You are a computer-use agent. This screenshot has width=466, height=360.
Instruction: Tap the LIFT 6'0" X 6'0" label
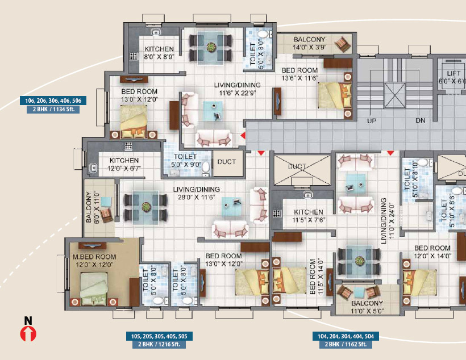(x=452, y=77)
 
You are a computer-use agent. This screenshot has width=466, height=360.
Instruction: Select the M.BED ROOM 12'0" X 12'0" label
(x=94, y=261)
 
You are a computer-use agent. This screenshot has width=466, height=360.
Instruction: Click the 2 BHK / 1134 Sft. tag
(x=53, y=110)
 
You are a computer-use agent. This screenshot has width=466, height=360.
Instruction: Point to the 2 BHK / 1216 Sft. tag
(x=159, y=344)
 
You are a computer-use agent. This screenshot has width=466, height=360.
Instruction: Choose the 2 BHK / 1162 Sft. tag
(x=346, y=344)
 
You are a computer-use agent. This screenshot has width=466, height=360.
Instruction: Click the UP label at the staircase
(x=372, y=120)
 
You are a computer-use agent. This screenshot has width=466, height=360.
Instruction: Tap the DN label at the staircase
(x=420, y=120)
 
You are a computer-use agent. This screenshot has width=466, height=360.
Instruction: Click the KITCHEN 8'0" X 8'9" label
(x=159, y=53)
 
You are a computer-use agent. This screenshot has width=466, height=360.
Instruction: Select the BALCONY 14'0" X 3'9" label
(x=309, y=43)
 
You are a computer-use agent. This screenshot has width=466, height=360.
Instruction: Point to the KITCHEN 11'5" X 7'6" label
(x=309, y=216)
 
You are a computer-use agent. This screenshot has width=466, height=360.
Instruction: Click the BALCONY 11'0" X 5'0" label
(x=367, y=307)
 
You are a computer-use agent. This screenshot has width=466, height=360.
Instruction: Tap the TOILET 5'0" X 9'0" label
(x=186, y=160)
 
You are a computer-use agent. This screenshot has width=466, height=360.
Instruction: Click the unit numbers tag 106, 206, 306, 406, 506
(x=53, y=101)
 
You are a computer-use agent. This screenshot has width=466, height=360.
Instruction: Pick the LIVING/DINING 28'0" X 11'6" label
(x=197, y=193)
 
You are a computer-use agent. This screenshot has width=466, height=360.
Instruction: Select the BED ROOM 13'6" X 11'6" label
(x=299, y=74)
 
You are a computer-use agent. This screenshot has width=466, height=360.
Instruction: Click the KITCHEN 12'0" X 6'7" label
(x=124, y=164)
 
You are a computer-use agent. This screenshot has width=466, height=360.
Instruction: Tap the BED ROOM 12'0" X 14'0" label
(x=432, y=252)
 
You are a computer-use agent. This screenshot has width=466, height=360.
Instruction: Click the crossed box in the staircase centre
(x=395, y=95)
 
